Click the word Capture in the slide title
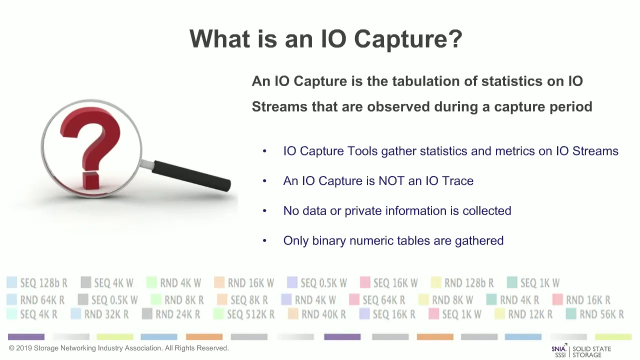click(x=408, y=39)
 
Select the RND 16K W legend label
click(x=251, y=283)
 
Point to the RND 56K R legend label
click(x=601, y=314)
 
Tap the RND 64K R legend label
click(x=42, y=300)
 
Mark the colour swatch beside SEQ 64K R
click(x=354, y=299)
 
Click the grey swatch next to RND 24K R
click(x=147, y=313)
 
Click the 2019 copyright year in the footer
click(x=23, y=348)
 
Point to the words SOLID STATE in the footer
click(x=591, y=349)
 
